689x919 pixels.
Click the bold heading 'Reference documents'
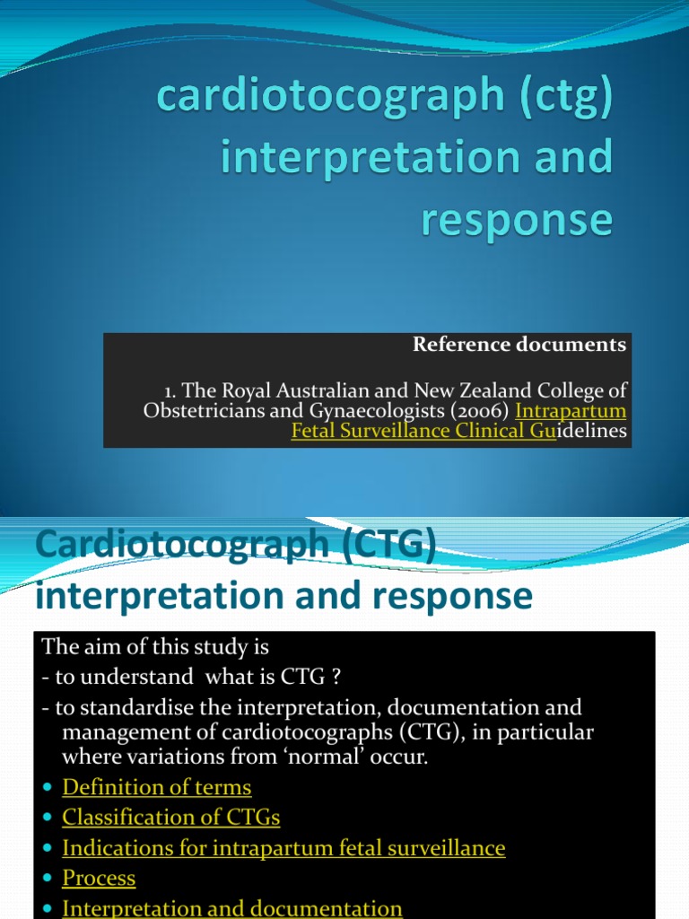pos(519,346)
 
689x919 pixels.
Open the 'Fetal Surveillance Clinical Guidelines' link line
pos(459,431)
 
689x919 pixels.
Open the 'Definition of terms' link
pos(156,788)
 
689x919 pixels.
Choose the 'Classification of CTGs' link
pos(170,818)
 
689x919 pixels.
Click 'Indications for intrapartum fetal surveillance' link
pos(283,848)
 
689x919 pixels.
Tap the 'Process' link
pos(99,879)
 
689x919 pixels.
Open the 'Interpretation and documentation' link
pos(231,908)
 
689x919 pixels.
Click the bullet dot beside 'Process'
pos(48,880)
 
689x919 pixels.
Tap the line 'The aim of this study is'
pos(155,647)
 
